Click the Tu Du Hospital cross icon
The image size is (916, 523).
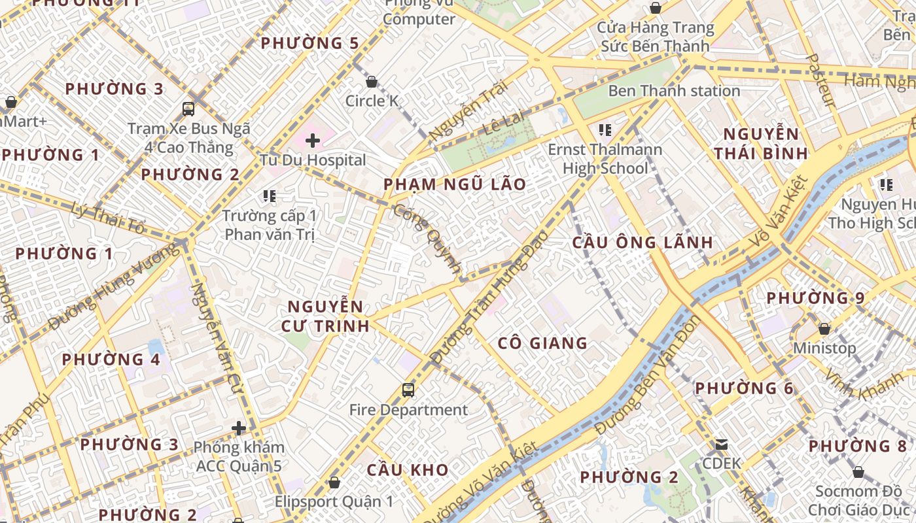313,140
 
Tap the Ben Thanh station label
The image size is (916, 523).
674,91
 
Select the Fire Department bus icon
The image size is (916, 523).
408,390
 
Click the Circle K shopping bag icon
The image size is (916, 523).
372,82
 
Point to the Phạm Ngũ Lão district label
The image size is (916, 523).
455,184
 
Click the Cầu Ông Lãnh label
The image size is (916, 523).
643,243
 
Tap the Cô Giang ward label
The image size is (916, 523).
542,343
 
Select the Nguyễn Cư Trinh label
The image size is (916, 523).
325,316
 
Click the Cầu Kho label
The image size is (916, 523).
408,470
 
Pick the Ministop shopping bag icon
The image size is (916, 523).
824,328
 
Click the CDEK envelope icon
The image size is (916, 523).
721,445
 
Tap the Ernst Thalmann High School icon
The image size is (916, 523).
605,130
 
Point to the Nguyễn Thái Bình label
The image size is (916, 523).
760,144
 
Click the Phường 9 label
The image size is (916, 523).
815,298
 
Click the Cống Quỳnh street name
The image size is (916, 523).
429,239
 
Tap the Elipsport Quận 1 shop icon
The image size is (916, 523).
334,482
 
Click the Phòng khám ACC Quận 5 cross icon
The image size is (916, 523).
239,428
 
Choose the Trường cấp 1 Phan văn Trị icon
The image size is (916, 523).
268,195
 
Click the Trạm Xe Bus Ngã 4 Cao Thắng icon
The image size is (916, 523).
188,109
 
